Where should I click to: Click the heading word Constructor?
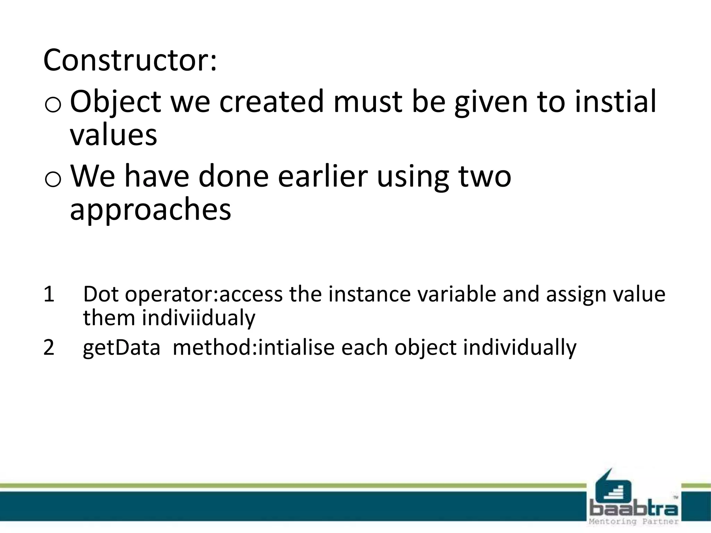[130, 60]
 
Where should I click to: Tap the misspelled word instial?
[615, 101]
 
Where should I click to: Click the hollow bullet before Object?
[53, 106]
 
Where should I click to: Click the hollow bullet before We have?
[53, 180]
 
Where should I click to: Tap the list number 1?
[49, 294]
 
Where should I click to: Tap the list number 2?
[49, 347]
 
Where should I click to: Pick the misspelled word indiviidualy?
[199, 318]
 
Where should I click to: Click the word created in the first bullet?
[271, 102]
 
